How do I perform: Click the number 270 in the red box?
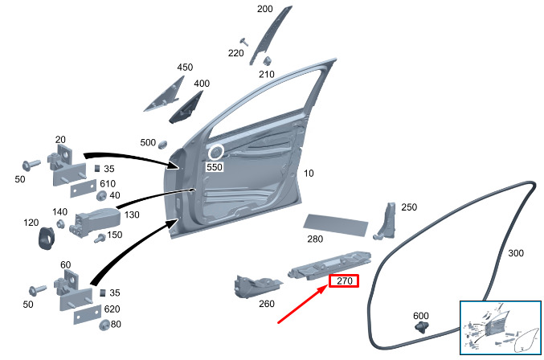tap(345, 280)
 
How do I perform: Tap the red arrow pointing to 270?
tap(302, 304)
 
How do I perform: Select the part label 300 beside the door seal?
tap(516, 253)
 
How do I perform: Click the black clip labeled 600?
tap(422, 327)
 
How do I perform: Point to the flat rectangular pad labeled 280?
tap(336, 225)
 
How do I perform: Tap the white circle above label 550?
tap(216, 152)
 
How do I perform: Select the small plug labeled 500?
tap(162, 145)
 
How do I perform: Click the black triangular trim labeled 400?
tap(186, 108)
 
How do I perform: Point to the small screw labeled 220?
tap(244, 42)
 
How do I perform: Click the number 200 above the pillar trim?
tap(264, 9)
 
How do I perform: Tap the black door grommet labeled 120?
tap(47, 238)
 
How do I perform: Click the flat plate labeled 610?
tap(84, 189)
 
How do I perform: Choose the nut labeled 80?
tap(104, 325)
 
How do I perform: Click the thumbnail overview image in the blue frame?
tap(501, 327)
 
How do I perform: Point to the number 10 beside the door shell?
tap(309, 173)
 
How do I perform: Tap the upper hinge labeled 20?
tap(66, 166)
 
